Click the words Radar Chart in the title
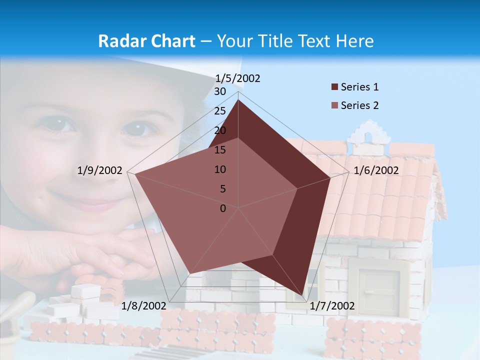(x=146, y=41)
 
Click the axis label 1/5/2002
(x=238, y=78)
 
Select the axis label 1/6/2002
(x=376, y=170)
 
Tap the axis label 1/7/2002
(x=332, y=306)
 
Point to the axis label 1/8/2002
(x=143, y=306)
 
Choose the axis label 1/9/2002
(x=100, y=170)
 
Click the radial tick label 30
(x=220, y=91)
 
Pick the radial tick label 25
(x=220, y=111)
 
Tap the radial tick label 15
(x=220, y=150)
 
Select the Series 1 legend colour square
(x=334, y=87)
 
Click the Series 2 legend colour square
(x=334, y=105)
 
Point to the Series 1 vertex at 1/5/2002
(x=238, y=100)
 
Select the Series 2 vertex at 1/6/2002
(x=297, y=189)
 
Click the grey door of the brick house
(x=378, y=292)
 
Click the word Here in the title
(x=355, y=41)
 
